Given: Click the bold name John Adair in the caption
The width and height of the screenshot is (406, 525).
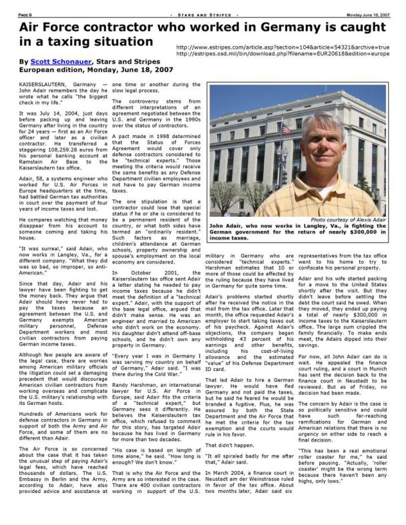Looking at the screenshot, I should pos(224,226).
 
